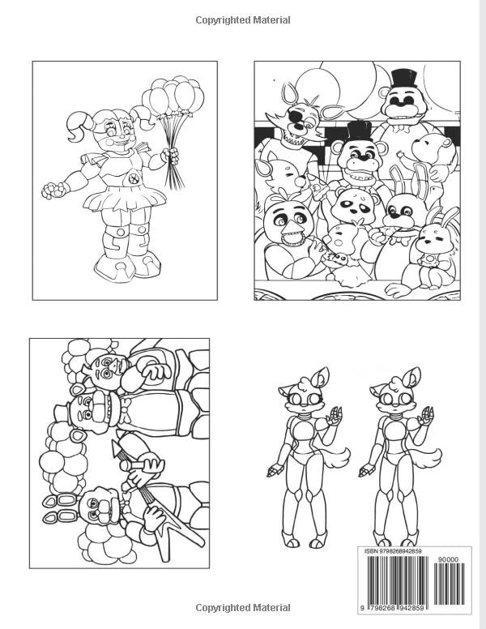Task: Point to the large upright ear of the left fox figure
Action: coord(323,378)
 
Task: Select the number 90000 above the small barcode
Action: coord(446,558)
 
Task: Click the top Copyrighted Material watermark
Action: coord(242,20)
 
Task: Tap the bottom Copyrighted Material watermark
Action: coord(242,607)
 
